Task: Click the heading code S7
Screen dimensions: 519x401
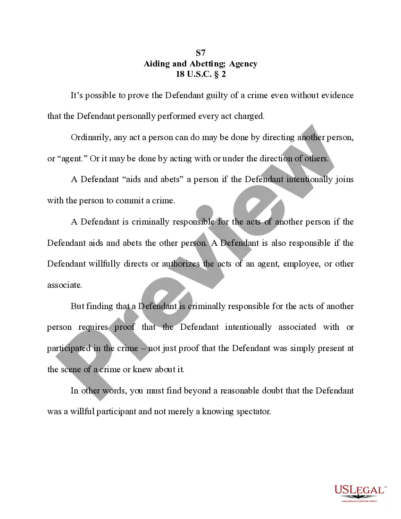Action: tap(200, 53)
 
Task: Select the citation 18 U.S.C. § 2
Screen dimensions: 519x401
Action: tap(200, 74)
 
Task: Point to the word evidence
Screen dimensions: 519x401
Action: tap(335, 95)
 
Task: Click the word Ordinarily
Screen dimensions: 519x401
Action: tap(91, 137)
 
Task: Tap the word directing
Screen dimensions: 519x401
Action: tap(281, 137)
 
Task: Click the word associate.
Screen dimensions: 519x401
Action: tap(64, 285)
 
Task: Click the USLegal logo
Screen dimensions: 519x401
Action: tap(360, 491)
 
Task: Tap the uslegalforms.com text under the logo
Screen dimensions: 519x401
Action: tap(359, 501)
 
